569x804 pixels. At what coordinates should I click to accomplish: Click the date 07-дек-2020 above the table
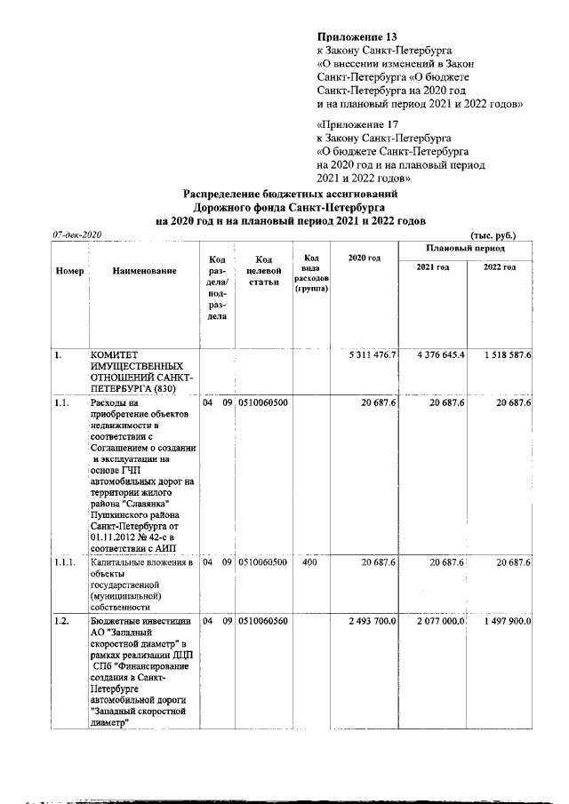[77, 235]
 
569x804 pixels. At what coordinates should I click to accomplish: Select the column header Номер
[69, 270]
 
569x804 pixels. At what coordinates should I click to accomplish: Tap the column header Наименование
[144, 270]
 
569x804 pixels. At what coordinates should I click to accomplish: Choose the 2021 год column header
[433, 267]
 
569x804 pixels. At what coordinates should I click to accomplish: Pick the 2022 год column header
[499, 267]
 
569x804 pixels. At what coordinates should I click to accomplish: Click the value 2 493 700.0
[371, 621]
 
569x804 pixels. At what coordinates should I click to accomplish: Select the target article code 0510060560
[262, 621]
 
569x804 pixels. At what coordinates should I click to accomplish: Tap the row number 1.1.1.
[64, 562]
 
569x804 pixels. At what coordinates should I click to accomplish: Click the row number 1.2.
[60, 621]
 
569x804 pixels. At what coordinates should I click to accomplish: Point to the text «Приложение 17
[354, 125]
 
